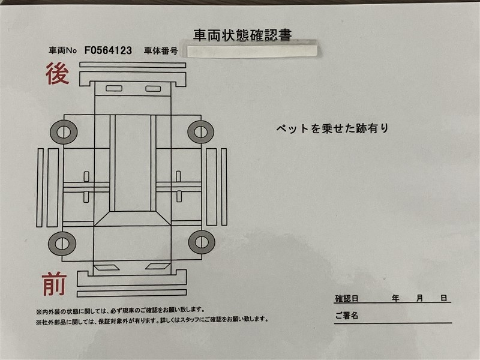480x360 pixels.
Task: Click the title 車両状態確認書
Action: pyautogui.click(x=242, y=35)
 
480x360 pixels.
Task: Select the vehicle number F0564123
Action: pyautogui.click(x=108, y=50)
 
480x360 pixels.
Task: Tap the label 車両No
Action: pyautogui.click(x=62, y=50)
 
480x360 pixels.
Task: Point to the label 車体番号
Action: pyautogui.click(x=161, y=51)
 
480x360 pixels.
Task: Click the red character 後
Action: pyautogui.click(x=57, y=73)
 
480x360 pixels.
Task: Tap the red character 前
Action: pyautogui.click(x=54, y=284)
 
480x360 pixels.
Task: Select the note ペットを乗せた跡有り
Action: pyautogui.click(x=332, y=128)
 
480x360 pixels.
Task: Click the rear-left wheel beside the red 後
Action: pyautogui.click(x=64, y=132)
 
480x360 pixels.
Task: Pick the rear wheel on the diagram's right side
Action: pyautogui.click(x=200, y=132)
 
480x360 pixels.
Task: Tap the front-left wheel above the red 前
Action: pyautogui.click(x=62, y=244)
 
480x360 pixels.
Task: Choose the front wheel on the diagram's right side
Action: pyautogui.click(x=202, y=242)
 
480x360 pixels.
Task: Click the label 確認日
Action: pyautogui.click(x=347, y=298)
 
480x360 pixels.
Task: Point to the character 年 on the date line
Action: pyautogui.click(x=395, y=298)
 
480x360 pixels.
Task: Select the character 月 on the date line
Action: pyautogui.click(x=419, y=298)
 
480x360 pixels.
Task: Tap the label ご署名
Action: pyautogui.click(x=347, y=316)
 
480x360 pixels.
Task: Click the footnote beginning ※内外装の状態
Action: pyautogui.click(x=120, y=311)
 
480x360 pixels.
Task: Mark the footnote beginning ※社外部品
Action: pyautogui.click(x=152, y=320)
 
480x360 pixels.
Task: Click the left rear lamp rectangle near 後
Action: pyautogui.click(x=114, y=88)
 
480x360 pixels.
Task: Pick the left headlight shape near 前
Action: pyautogui.click(x=106, y=267)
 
